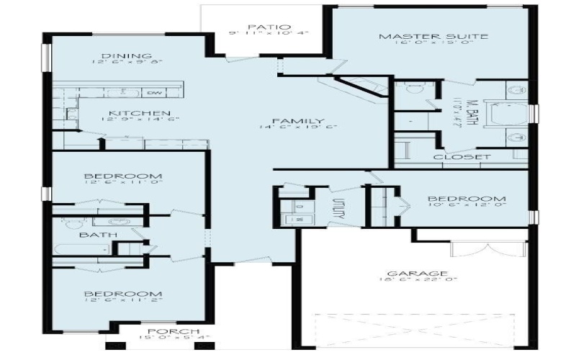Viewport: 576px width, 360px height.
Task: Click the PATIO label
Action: click(262, 24)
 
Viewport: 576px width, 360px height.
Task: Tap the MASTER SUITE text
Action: click(423, 37)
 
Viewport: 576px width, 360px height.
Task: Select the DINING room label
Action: click(126, 55)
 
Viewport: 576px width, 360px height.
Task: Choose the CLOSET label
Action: click(462, 156)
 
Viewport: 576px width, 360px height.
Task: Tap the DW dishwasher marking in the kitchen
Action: click(153, 93)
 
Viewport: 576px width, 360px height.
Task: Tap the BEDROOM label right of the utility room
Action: click(467, 199)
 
